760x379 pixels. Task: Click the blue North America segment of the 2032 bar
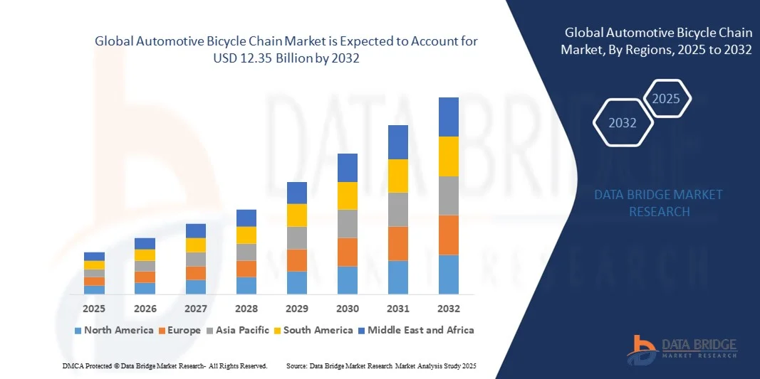click(449, 274)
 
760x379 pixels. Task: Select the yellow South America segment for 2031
click(398, 176)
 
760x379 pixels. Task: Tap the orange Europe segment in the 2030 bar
click(347, 252)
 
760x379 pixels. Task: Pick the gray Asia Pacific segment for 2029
click(297, 237)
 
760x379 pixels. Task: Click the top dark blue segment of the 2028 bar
click(246, 218)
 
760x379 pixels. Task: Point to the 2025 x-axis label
click(94, 309)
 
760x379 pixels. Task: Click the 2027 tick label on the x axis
click(196, 309)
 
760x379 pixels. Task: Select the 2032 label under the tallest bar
click(449, 309)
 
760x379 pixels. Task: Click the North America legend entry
click(114, 330)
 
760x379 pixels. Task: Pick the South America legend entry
click(318, 330)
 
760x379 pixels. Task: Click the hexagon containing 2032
click(623, 123)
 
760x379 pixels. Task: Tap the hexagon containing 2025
click(666, 99)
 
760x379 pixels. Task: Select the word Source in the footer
click(296, 365)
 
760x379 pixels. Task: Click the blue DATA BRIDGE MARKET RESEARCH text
click(659, 203)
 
